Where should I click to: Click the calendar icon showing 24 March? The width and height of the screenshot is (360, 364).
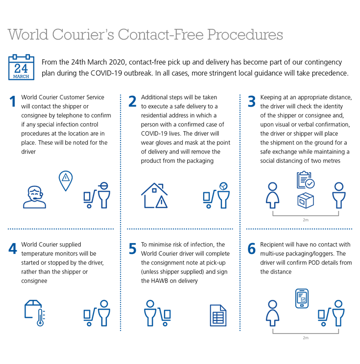pyautogui.click(x=21, y=68)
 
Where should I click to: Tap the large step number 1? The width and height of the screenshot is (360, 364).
pyautogui.click(x=13, y=101)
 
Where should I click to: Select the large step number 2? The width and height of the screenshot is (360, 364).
pyautogui.click(x=132, y=101)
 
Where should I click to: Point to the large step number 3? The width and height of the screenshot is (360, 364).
pyautogui.click(x=252, y=101)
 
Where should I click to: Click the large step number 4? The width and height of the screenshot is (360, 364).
pyautogui.click(x=13, y=249)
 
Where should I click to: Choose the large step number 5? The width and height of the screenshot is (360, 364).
pyautogui.click(x=132, y=249)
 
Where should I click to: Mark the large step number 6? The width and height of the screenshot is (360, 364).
pyautogui.click(x=252, y=249)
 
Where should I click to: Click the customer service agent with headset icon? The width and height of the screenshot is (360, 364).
pyautogui.click(x=34, y=197)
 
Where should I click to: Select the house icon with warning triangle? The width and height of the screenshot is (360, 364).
pyautogui.click(x=154, y=195)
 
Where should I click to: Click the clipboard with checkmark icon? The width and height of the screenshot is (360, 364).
pyautogui.click(x=306, y=180)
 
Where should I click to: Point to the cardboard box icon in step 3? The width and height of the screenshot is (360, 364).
pyautogui.click(x=306, y=200)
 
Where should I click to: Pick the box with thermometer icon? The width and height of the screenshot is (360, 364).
pyautogui.click(x=35, y=313)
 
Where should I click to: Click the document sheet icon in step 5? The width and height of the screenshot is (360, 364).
pyautogui.click(x=218, y=315)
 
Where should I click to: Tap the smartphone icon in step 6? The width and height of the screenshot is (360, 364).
pyautogui.click(x=302, y=298)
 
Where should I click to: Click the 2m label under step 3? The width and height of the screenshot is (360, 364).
pyautogui.click(x=306, y=220)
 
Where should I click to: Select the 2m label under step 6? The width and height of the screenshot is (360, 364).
pyautogui.click(x=306, y=338)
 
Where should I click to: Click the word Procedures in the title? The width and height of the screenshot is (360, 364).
pyautogui.click(x=245, y=34)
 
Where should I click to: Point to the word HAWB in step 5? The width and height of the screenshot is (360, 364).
pyautogui.click(x=160, y=281)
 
